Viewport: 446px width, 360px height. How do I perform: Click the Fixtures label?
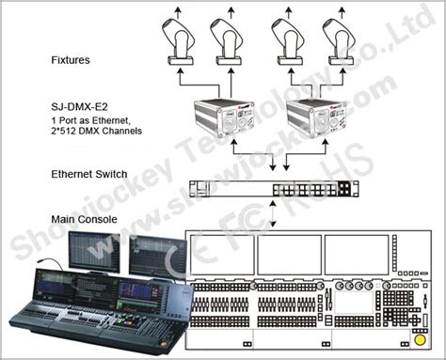point(71,59)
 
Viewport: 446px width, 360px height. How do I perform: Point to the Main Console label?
point(84,219)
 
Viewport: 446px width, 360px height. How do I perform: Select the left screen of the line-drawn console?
point(221,253)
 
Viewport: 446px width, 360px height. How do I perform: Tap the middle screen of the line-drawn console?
point(289,253)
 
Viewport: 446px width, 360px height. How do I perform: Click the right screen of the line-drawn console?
point(357,253)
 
